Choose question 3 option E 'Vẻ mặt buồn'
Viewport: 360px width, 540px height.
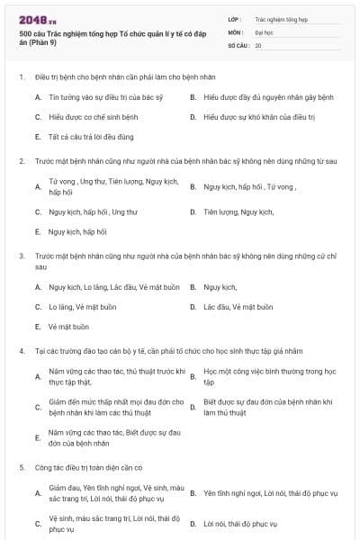click(x=68, y=327)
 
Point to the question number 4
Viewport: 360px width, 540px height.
click(x=21, y=350)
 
